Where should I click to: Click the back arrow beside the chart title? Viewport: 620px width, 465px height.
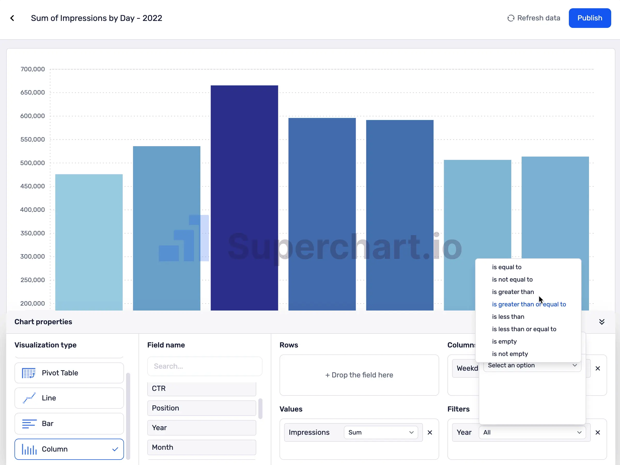pos(12,18)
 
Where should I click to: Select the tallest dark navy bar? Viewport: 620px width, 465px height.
pos(244,196)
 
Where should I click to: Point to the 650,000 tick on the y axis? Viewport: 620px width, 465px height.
pos(33,92)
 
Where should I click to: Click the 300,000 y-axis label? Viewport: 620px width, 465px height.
pos(33,257)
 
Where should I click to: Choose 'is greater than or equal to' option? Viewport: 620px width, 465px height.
pos(529,304)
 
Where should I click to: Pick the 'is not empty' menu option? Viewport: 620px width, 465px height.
pos(510,354)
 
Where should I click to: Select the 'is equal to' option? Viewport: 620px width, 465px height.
pos(507,267)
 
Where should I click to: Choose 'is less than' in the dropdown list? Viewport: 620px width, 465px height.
pos(508,317)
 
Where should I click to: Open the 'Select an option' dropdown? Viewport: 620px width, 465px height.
pos(532,366)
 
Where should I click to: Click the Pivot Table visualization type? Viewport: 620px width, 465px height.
pos(69,373)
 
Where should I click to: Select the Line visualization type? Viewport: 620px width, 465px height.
pos(69,398)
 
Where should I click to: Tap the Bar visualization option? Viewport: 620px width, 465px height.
pos(69,423)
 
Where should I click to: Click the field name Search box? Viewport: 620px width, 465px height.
pos(205,366)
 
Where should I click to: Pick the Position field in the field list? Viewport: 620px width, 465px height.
pos(202,408)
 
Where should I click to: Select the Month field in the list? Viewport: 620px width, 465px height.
pos(202,447)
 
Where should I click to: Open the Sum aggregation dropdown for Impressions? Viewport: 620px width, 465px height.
pos(381,432)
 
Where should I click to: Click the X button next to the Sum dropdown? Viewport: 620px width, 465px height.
pos(430,432)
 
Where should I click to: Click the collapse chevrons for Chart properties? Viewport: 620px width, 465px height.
pos(601,322)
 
